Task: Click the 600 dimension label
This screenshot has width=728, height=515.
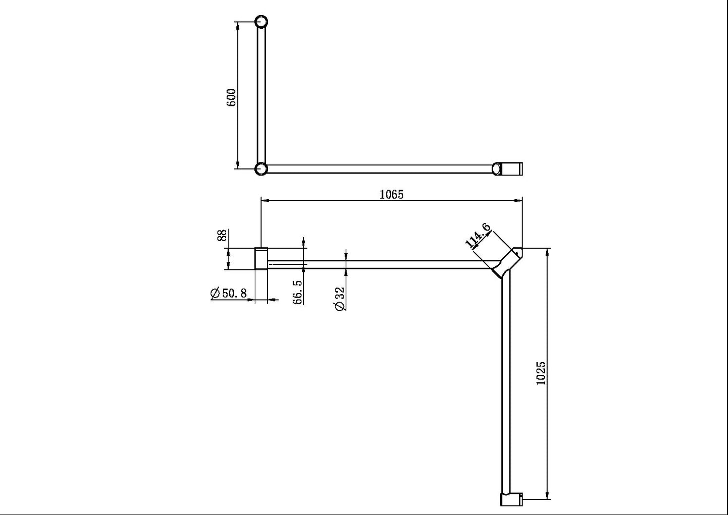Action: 231,97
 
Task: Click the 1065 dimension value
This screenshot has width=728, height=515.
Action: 391,194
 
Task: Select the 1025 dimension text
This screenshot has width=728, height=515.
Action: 541,373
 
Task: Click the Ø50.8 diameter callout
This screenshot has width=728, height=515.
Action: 229,294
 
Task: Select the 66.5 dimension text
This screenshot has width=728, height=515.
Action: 298,292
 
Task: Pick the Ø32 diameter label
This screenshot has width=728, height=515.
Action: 340,299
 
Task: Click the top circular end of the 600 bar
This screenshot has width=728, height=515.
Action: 261,22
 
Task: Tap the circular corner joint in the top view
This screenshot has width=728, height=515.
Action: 260,168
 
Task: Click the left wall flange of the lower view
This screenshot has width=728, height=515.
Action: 261,258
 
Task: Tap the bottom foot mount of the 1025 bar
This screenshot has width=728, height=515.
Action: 511,499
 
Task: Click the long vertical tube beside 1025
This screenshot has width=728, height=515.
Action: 506,383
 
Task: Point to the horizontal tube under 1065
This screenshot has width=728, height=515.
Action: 378,264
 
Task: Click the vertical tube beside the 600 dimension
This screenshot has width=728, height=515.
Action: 261,96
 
